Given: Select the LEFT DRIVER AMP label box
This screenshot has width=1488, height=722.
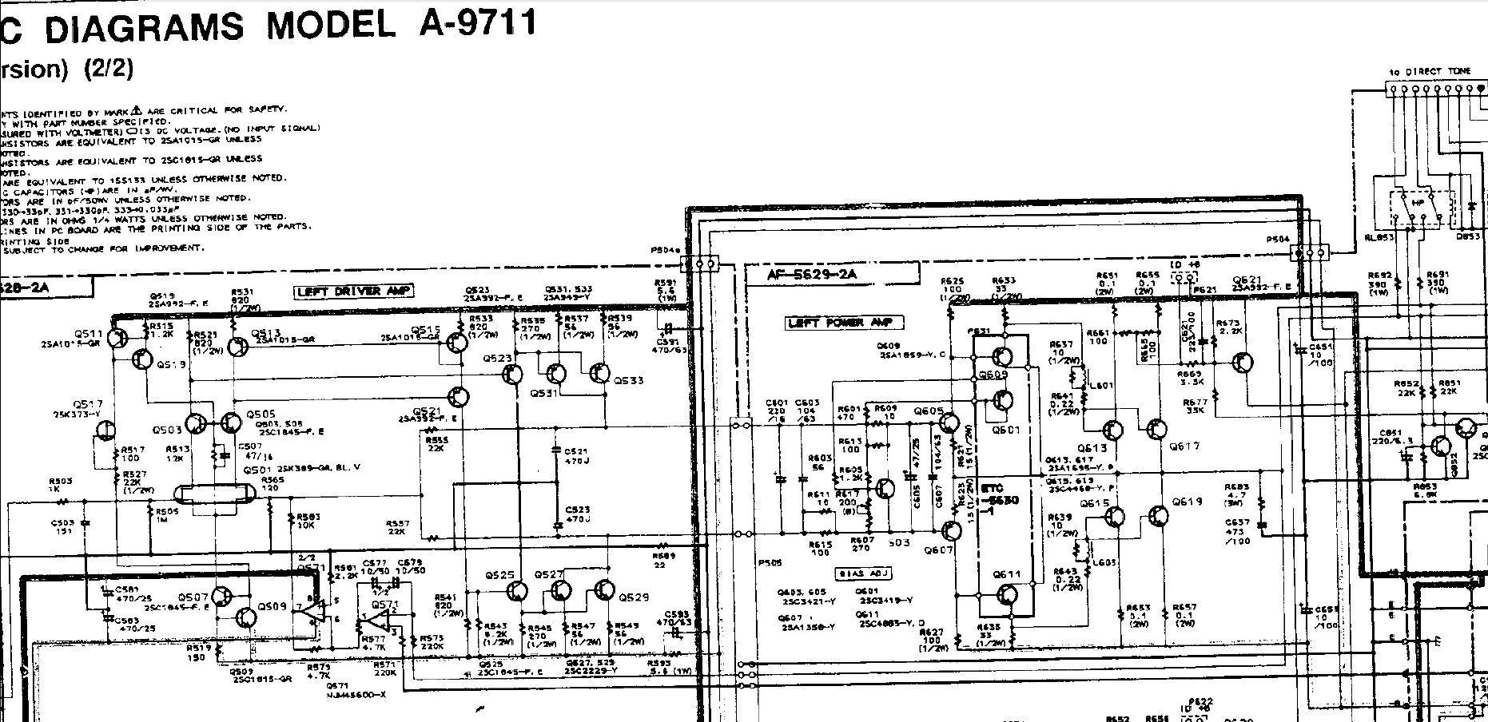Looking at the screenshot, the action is point(353,292).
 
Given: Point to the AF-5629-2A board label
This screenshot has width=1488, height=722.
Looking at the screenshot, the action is point(811,275).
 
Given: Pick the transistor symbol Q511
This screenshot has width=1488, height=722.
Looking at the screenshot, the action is point(117,339).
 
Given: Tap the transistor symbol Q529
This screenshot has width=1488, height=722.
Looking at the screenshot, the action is point(604,591).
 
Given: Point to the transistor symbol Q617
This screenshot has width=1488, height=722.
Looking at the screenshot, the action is point(1156,430).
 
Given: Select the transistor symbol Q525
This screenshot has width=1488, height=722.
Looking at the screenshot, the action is point(517,592).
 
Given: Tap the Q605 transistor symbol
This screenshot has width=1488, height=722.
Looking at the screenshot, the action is point(949,422).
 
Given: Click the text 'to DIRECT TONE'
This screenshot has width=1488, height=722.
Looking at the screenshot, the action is point(1436,71).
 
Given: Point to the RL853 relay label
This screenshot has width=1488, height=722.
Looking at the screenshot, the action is point(1380,236).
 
